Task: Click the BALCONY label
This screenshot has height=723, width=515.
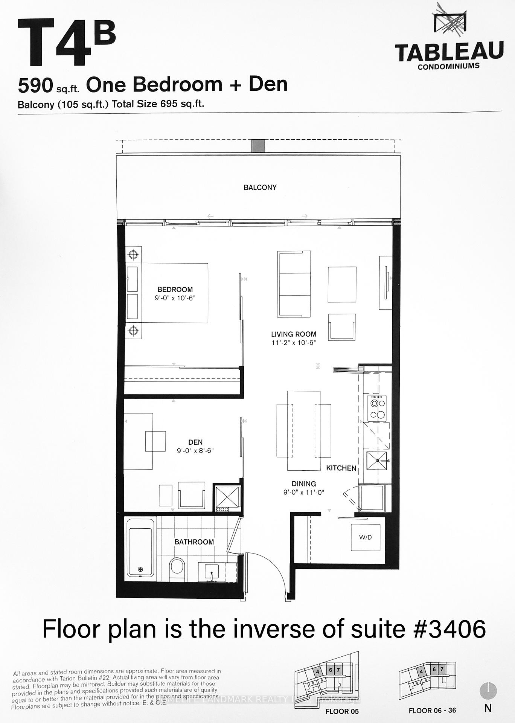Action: pyautogui.click(x=260, y=187)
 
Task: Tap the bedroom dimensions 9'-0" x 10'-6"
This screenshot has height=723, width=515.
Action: pyautogui.click(x=175, y=298)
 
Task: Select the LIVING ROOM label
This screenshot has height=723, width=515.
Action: pyautogui.click(x=294, y=334)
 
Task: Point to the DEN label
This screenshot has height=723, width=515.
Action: pyautogui.click(x=195, y=442)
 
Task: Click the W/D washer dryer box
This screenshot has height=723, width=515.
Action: pyautogui.click(x=365, y=537)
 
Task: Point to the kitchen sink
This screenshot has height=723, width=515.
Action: pyautogui.click(x=377, y=460)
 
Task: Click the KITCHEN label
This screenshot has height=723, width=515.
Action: pyautogui.click(x=341, y=468)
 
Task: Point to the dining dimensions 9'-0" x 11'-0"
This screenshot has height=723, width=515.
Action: pyautogui.click(x=304, y=492)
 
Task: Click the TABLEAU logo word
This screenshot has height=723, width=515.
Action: pyautogui.click(x=449, y=52)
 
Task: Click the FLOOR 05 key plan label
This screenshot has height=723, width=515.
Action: pyautogui.click(x=342, y=711)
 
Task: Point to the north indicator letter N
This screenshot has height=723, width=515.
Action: pyautogui.click(x=488, y=708)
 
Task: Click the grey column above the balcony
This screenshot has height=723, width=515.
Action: pyautogui.click(x=258, y=145)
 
